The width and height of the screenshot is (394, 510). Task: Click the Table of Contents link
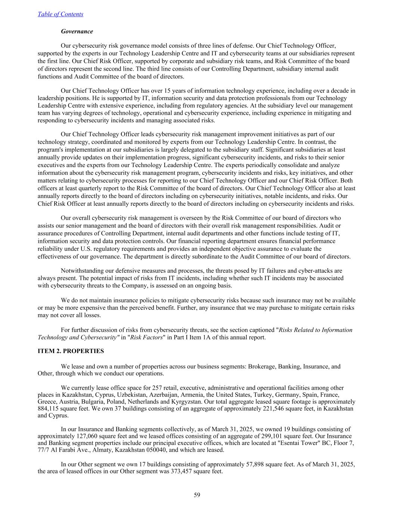click(61, 14)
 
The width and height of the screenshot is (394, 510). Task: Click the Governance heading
click(77, 31)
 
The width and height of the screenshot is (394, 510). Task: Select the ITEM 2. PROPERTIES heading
click(71, 351)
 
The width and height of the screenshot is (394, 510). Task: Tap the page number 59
click(197, 495)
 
